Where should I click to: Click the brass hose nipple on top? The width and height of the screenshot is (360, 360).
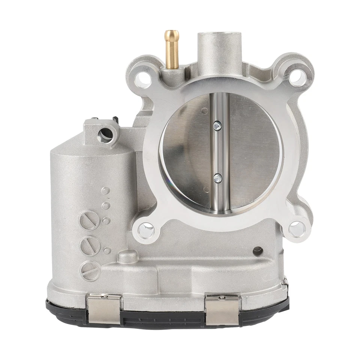[172, 49]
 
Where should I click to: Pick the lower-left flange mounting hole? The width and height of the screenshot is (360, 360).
[146, 229]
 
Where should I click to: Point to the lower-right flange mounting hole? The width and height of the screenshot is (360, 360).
[297, 229]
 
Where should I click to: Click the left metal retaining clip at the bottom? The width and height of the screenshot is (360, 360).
[104, 308]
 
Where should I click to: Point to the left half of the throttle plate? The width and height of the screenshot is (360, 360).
[186, 150]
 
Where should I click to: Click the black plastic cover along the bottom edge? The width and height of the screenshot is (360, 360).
[165, 319]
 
